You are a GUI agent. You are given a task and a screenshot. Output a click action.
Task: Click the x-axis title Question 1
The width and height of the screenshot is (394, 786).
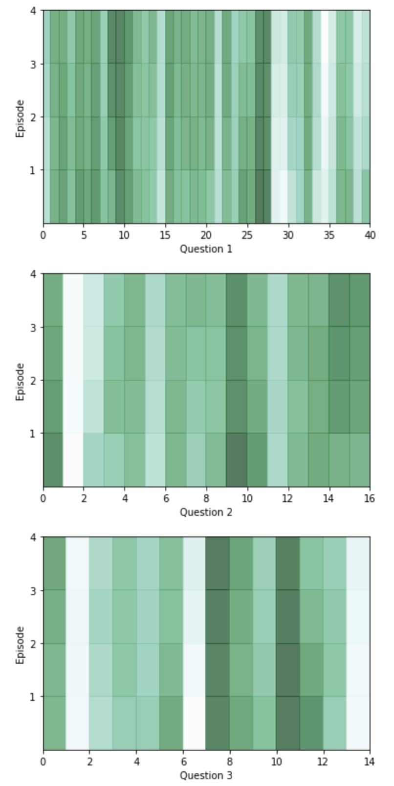click(206, 249)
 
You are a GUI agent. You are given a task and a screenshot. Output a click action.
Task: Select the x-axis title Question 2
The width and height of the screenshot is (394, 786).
click(206, 512)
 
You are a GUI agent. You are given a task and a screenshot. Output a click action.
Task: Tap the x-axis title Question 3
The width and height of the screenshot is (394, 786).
click(206, 775)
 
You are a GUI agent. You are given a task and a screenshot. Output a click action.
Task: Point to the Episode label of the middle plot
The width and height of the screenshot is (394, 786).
click(20, 381)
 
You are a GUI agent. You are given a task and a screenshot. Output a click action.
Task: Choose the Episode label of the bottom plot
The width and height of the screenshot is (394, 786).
click(20, 645)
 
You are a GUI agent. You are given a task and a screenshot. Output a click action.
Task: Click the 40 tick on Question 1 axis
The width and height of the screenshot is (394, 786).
click(370, 235)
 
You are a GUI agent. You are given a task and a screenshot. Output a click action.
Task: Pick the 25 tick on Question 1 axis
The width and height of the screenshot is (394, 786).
click(247, 235)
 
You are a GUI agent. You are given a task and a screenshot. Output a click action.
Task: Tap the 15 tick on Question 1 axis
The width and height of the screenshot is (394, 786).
click(166, 235)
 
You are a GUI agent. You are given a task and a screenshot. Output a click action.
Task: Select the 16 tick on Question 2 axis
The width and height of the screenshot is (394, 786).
click(370, 499)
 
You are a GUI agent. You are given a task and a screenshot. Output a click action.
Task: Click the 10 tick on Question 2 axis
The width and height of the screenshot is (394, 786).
click(247, 499)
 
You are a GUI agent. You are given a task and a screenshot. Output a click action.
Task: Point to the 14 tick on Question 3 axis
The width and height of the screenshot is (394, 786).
click(370, 762)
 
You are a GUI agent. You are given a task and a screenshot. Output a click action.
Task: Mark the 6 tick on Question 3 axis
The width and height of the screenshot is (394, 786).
click(183, 762)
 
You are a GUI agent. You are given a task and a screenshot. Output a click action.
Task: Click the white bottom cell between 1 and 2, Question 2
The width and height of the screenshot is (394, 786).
click(73, 460)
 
